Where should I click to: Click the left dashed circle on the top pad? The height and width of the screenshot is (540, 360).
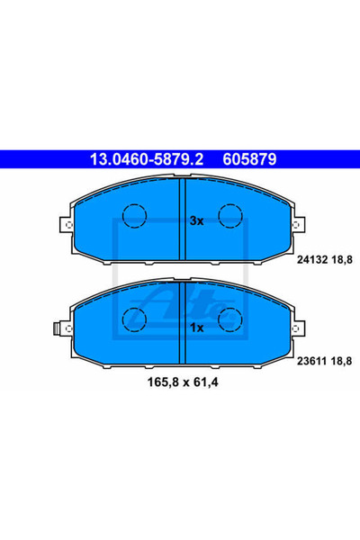tap(135, 216)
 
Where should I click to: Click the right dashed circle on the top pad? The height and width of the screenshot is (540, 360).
tap(231, 216)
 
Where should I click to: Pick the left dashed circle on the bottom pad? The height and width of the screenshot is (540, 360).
tap(135, 318)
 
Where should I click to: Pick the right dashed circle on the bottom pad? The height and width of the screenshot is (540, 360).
tap(231, 318)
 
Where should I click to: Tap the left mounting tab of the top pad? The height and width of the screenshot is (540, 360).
tap(63, 227)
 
